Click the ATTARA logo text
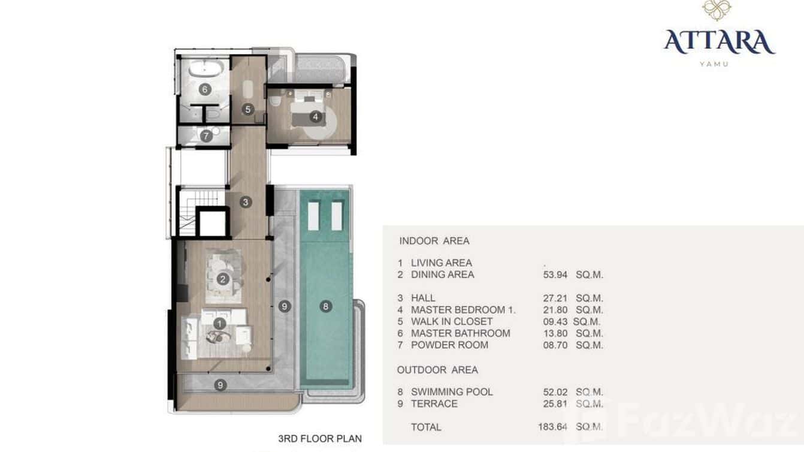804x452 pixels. (x=719, y=42)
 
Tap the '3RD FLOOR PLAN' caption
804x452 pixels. (x=320, y=439)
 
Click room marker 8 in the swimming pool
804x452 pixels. (x=325, y=306)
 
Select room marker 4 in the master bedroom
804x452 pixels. (x=315, y=117)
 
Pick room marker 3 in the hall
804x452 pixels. (x=246, y=202)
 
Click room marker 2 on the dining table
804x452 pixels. (x=223, y=279)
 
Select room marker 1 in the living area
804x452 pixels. (x=220, y=324)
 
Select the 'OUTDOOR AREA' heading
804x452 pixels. (x=439, y=370)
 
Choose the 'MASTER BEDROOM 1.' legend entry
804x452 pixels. (x=463, y=310)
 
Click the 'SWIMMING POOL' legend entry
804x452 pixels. (x=452, y=391)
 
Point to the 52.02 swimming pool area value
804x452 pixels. (x=555, y=391)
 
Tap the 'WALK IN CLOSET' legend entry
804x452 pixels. (x=452, y=321)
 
